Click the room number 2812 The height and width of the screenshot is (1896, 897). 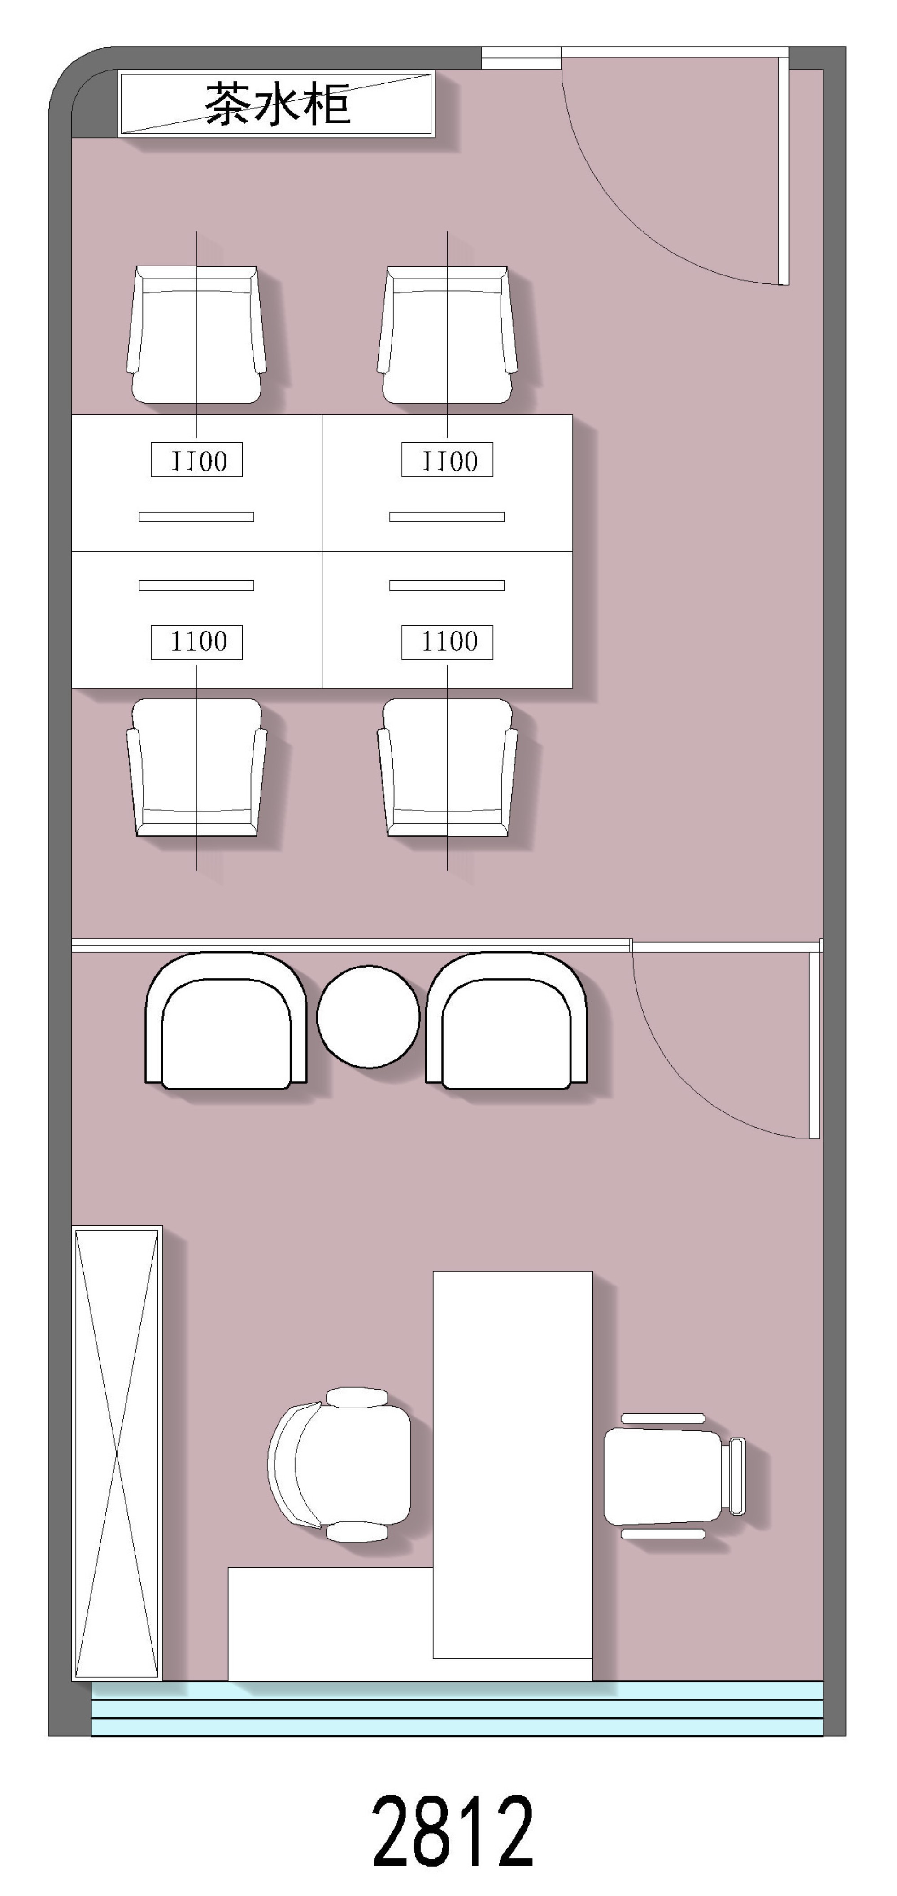click(x=453, y=1831)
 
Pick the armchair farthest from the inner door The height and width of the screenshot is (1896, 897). click(x=226, y=1020)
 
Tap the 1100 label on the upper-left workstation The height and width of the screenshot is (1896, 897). click(x=196, y=460)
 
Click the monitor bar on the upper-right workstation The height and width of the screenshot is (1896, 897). click(x=447, y=517)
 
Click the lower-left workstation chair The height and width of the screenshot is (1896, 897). click(x=196, y=767)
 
